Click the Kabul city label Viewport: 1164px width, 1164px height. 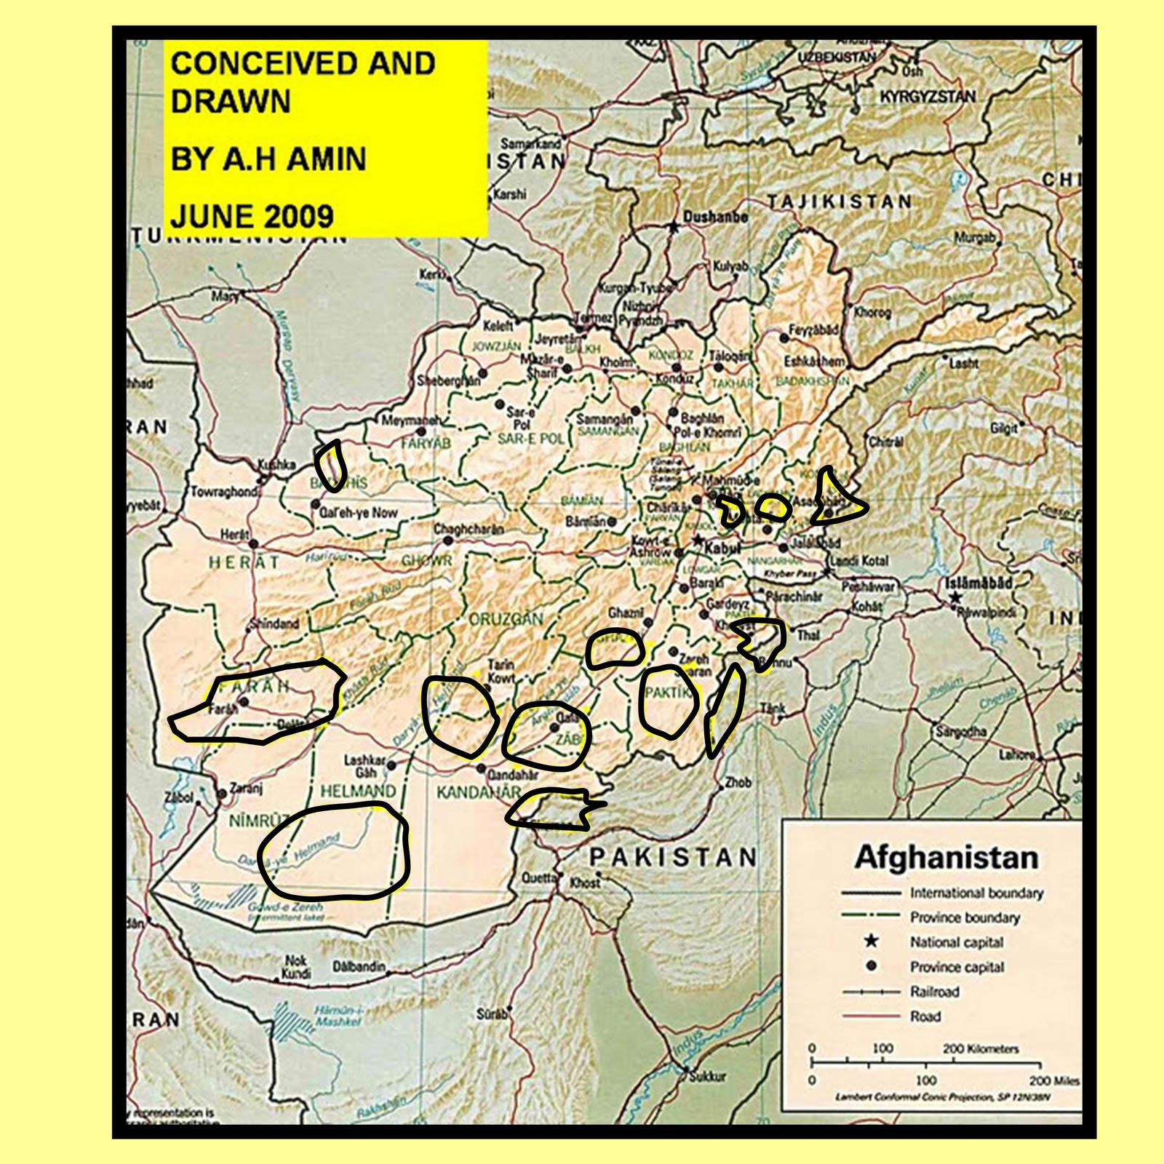723,548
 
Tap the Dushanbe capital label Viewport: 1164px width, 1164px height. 715,216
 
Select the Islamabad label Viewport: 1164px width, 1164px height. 978,582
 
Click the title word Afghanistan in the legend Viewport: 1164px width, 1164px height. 946,857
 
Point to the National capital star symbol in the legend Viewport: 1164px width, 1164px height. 871,941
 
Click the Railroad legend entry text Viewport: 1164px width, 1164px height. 934,992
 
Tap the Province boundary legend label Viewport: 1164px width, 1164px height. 965,917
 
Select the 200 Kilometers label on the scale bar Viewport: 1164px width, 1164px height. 981,1048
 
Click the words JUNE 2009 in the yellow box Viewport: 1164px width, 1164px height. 252,216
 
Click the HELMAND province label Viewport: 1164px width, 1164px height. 358,791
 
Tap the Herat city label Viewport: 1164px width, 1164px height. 234,535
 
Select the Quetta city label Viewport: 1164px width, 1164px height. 538,878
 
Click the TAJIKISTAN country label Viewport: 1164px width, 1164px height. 839,202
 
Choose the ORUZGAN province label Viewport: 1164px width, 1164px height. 506,619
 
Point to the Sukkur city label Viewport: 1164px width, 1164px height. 707,1076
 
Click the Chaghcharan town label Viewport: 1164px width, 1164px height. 469,529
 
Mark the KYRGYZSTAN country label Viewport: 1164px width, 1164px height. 928,97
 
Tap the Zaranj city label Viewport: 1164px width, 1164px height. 246,788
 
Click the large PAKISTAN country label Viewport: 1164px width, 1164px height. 673,857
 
